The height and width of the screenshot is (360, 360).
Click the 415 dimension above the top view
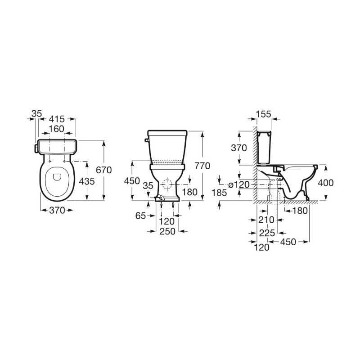tap(57, 119)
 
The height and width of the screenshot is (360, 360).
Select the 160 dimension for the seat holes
tap(57, 129)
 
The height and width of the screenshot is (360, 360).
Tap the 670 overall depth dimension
tap(104, 170)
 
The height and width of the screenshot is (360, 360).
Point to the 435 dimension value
tap(87, 181)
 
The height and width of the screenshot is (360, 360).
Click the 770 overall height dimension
tap(202, 166)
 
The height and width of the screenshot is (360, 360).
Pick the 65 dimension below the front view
tap(141, 216)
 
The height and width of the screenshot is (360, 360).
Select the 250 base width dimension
tap(167, 231)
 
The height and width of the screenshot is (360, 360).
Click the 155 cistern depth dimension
tap(263, 114)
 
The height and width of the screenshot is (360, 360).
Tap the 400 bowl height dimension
tap(326, 183)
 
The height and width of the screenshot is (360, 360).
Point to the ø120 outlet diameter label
tap(239, 184)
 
